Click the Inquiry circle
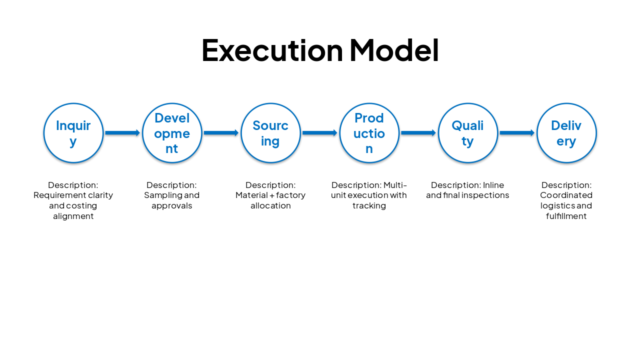[x=73, y=133]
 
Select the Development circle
[x=172, y=133]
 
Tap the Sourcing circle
[x=270, y=133]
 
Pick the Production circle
[x=369, y=133]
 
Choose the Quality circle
[x=468, y=133]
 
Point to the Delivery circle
[x=566, y=133]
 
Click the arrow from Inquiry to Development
[x=122, y=133]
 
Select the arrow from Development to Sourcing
[x=221, y=133]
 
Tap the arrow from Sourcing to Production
[x=319, y=133]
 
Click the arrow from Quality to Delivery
[x=517, y=133]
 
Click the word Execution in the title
[x=272, y=50]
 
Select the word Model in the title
[x=394, y=50]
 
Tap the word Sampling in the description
[x=161, y=195]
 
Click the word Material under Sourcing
[x=251, y=195]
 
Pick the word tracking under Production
[x=369, y=205]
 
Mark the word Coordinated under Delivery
[x=566, y=195]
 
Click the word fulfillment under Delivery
[x=566, y=216]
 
